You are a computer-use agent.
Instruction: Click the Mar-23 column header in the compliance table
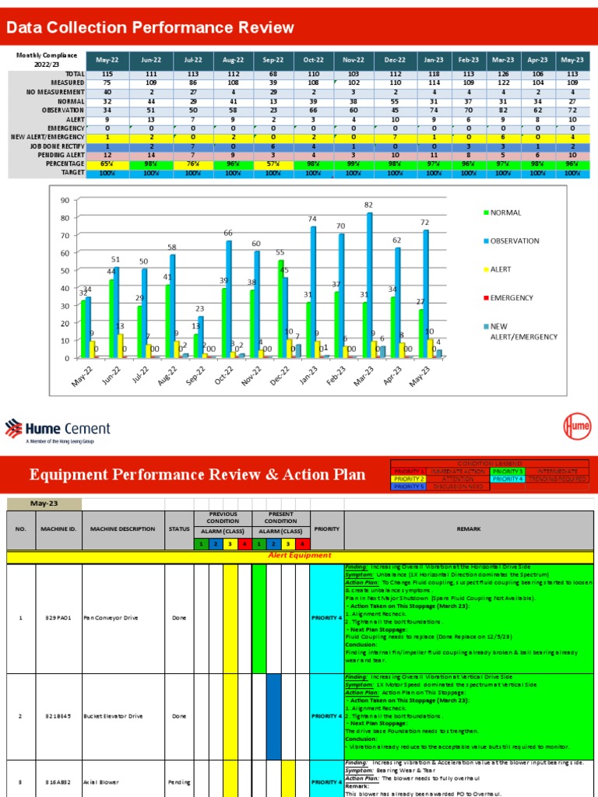(x=503, y=59)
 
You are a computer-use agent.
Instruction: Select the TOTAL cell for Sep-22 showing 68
(x=273, y=73)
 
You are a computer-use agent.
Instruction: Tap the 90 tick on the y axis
(x=65, y=201)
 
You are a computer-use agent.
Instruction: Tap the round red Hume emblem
(x=576, y=427)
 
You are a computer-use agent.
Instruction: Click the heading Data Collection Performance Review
(x=150, y=29)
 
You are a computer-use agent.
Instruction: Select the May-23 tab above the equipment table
(x=44, y=504)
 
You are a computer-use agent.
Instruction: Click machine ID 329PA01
(x=58, y=618)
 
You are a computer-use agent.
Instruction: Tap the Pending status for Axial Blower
(x=179, y=781)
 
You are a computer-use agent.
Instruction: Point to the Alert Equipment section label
(x=299, y=556)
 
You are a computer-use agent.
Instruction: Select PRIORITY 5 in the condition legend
(x=410, y=486)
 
